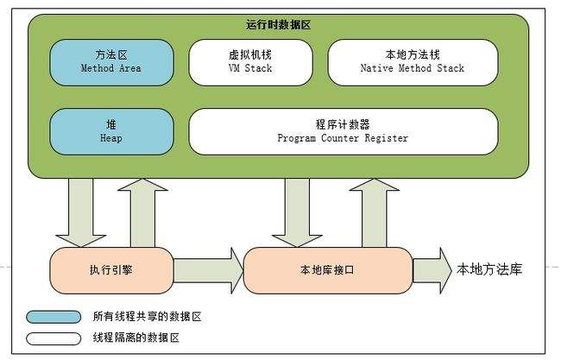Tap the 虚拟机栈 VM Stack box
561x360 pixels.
click(249, 61)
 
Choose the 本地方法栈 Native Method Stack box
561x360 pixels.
click(412, 61)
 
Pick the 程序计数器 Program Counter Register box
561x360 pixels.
click(343, 130)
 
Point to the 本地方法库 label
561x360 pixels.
click(489, 269)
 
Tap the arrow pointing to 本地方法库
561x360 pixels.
click(432, 270)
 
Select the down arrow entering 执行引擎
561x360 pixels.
click(80, 212)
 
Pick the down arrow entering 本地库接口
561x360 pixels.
click(296, 212)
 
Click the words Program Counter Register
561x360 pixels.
click(343, 138)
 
